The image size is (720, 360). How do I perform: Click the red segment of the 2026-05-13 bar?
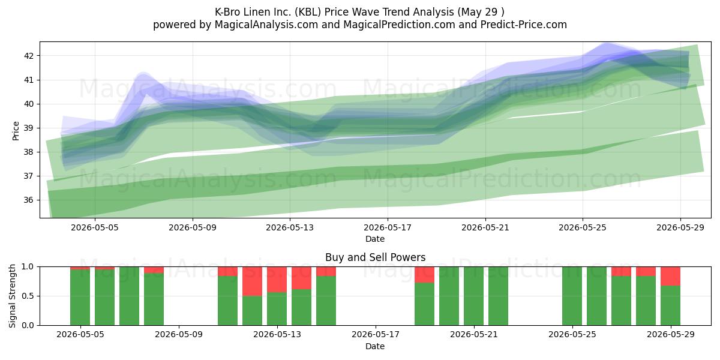pyautogui.click(x=277, y=280)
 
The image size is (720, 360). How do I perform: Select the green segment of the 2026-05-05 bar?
pyautogui.click(x=80, y=298)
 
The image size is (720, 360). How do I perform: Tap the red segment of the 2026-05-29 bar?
pyautogui.click(x=670, y=276)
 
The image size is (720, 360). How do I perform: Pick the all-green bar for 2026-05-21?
pyautogui.click(x=473, y=296)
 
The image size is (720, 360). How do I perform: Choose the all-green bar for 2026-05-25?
pyautogui.click(x=572, y=296)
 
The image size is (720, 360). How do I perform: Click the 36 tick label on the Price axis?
pyautogui.click(x=29, y=200)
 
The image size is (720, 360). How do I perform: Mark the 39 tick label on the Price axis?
pyautogui.click(x=29, y=128)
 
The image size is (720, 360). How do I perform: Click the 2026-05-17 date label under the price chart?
pyautogui.click(x=388, y=227)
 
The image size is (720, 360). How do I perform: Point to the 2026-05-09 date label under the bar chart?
pyautogui.click(x=178, y=335)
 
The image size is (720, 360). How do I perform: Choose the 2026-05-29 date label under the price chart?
pyautogui.click(x=680, y=227)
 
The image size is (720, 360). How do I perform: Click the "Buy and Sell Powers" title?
pyautogui.click(x=375, y=257)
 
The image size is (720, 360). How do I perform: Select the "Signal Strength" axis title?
pyautogui.click(x=12, y=296)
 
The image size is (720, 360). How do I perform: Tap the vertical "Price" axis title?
pyautogui.click(x=16, y=131)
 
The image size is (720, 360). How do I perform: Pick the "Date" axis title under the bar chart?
pyautogui.click(x=375, y=346)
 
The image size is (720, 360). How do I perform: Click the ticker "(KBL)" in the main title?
pyautogui.click(x=308, y=12)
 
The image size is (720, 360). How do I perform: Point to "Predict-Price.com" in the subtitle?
pyautogui.click(x=524, y=25)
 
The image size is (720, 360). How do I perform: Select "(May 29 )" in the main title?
pyautogui.click(x=480, y=12)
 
